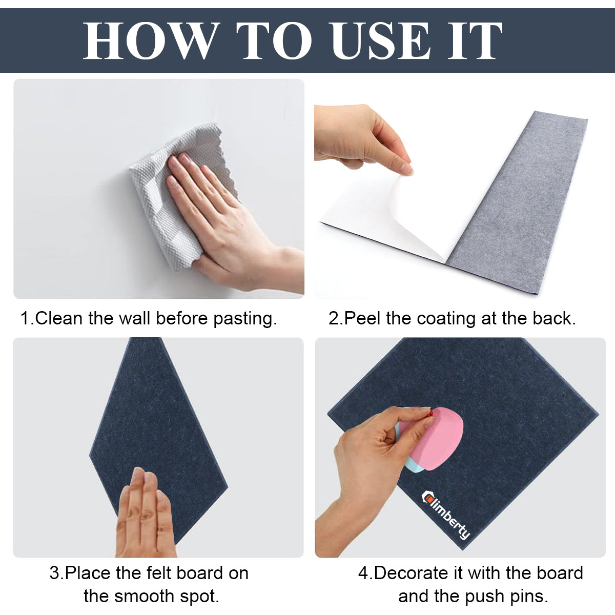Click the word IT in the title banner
pos(474,41)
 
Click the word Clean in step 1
pos(59,318)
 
